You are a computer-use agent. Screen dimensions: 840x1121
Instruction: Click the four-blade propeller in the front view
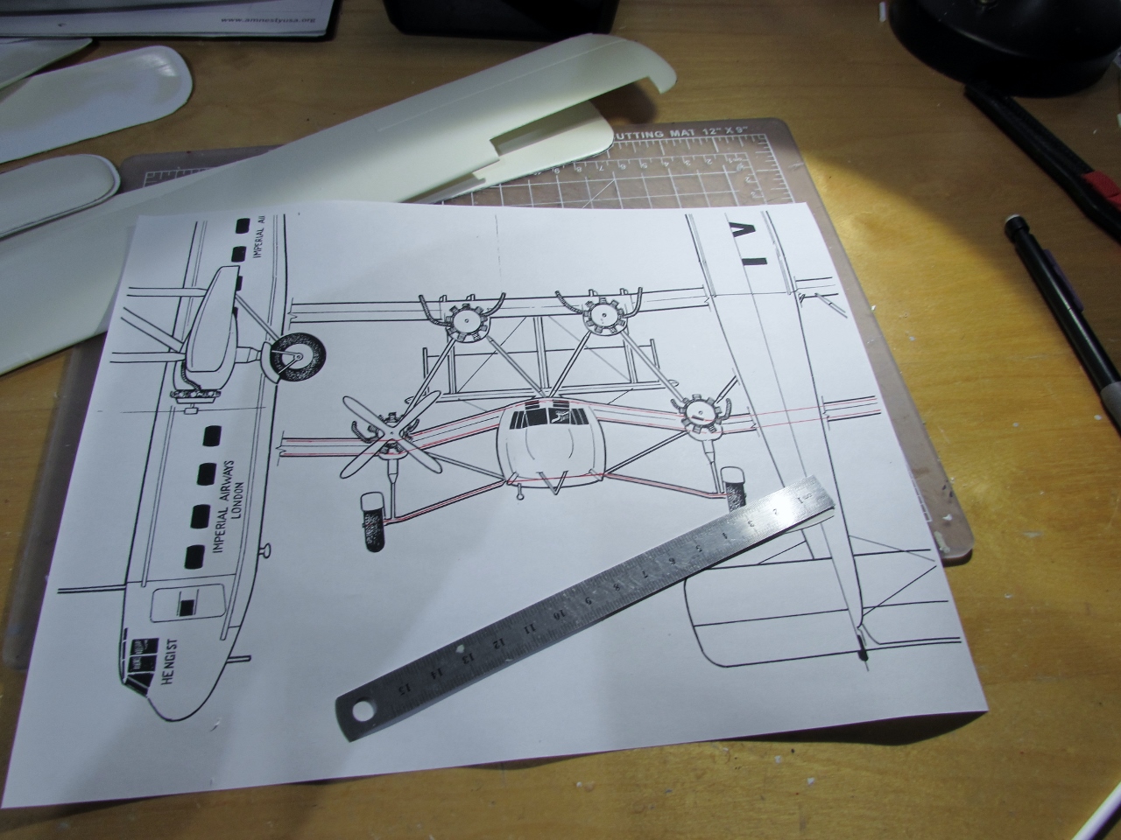tap(384, 435)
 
